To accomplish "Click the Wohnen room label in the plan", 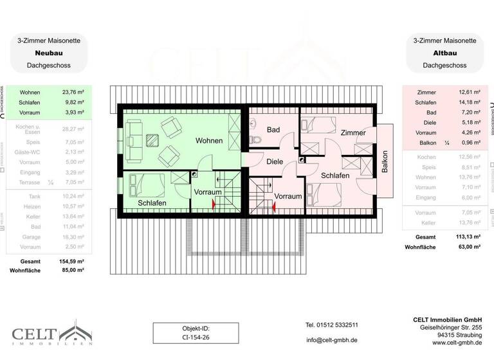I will point(209,141).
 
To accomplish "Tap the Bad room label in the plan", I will point(273,130).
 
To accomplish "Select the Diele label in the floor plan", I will point(275,162).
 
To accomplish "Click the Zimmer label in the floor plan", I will point(353,133).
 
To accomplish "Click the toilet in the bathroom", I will point(255,140).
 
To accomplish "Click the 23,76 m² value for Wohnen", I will point(73,91).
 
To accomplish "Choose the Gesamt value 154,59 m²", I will point(73,262).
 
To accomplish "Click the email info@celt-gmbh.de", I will point(332,340).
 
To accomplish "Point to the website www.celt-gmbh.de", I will point(456,343).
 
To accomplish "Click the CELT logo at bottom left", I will point(51,336).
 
